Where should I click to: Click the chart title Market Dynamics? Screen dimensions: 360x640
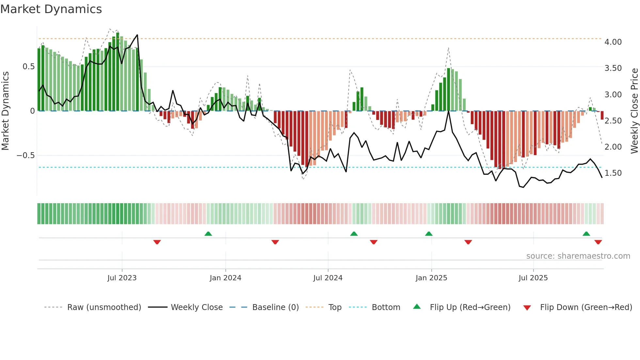coord(51,9)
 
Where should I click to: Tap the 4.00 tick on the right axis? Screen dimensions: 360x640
coord(613,42)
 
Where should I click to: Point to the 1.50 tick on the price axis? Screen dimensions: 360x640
coord(613,173)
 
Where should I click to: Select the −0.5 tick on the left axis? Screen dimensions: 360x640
coord(25,155)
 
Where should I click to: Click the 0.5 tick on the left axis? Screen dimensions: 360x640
coord(28,67)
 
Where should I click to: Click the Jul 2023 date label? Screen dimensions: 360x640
coord(122,278)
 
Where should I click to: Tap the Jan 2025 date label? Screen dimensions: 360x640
coord(431,278)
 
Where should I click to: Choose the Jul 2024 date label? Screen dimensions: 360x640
coord(328,278)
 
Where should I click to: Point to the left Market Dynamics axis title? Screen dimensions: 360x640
coord(5,111)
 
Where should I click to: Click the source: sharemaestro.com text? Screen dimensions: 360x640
coord(578,256)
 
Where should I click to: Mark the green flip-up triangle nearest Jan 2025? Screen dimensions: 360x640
coord(429,234)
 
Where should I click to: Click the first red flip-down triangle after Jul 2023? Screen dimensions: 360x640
coord(157,242)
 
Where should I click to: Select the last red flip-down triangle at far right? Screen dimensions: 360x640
coord(598,242)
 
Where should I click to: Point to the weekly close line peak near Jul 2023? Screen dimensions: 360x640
coord(137,35)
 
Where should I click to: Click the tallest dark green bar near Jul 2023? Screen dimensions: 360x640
coord(118,72)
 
